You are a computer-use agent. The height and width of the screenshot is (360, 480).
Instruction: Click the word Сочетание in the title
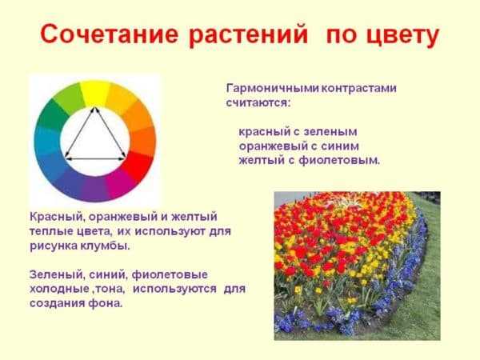[x=109, y=34]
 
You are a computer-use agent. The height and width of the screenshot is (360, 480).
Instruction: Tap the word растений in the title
[x=248, y=34]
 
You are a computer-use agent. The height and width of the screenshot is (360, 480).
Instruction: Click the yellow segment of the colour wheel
[x=94, y=93]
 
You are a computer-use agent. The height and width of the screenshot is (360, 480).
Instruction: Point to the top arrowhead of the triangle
[x=94, y=108]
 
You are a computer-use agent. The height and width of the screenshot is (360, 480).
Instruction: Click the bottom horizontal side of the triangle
[x=95, y=159]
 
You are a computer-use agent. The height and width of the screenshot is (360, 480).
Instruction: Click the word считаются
[x=258, y=103]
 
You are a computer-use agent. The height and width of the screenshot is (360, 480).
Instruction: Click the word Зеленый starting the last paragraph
[x=56, y=274]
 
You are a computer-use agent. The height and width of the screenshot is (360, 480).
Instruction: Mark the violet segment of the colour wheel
[x=94, y=189]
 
